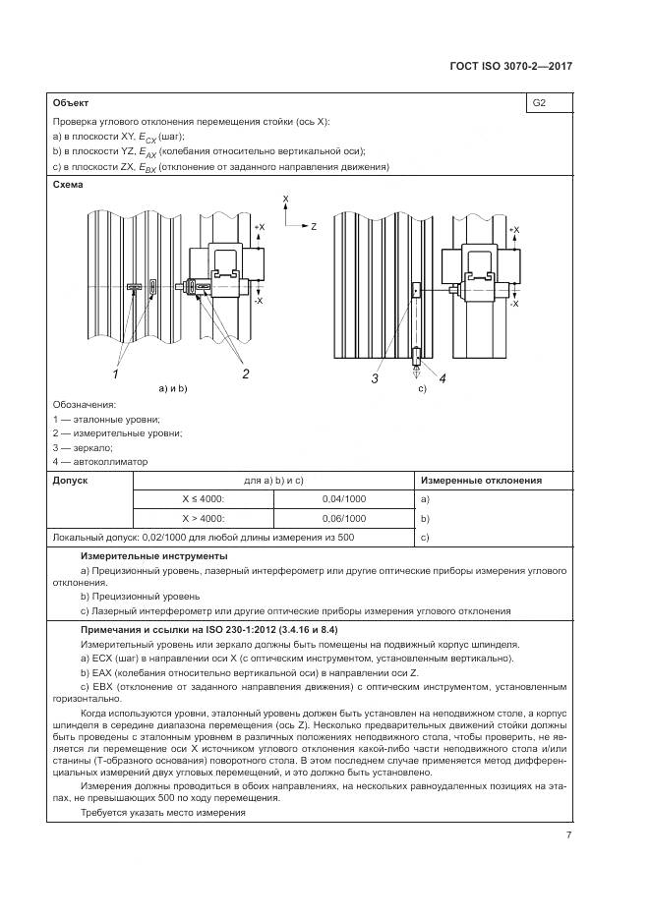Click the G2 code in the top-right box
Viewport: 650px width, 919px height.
coord(539,102)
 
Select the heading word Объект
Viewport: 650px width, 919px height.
coord(70,102)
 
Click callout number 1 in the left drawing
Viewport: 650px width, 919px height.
coord(115,373)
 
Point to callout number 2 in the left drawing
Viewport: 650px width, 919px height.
coord(245,373)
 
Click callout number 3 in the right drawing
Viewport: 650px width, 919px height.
coord(376,377)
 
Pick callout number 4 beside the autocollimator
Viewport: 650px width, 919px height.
coord(442,378)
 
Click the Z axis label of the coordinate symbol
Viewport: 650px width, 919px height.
coord(313,226)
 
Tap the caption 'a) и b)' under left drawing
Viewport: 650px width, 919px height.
coord(173,389)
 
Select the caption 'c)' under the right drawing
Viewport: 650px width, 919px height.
coord(424,389)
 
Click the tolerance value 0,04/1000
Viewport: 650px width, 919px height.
coord(343,499)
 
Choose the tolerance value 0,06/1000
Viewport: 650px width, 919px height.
coord(343,518)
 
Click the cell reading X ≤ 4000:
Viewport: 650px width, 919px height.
coord(203,499)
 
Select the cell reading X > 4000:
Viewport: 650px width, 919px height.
coord(203,518)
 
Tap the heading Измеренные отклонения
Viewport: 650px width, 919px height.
coord(481,481)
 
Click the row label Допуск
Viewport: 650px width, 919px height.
coord(70,481)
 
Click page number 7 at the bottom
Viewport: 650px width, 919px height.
coord(568,835)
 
